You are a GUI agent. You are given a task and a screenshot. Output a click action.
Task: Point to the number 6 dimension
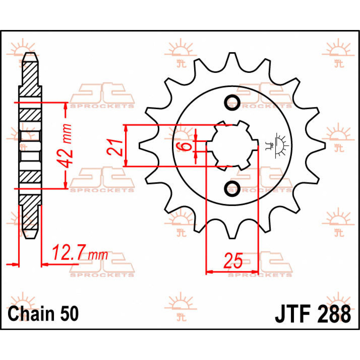tap(184, 147)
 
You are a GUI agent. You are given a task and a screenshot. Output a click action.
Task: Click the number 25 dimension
tap(233, 261)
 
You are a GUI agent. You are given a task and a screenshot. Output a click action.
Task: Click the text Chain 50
tap(43, 313)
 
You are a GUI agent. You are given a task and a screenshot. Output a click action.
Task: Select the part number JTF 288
tap(313, 314)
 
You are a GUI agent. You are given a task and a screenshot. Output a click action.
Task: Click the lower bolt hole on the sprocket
tap(232, 188)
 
